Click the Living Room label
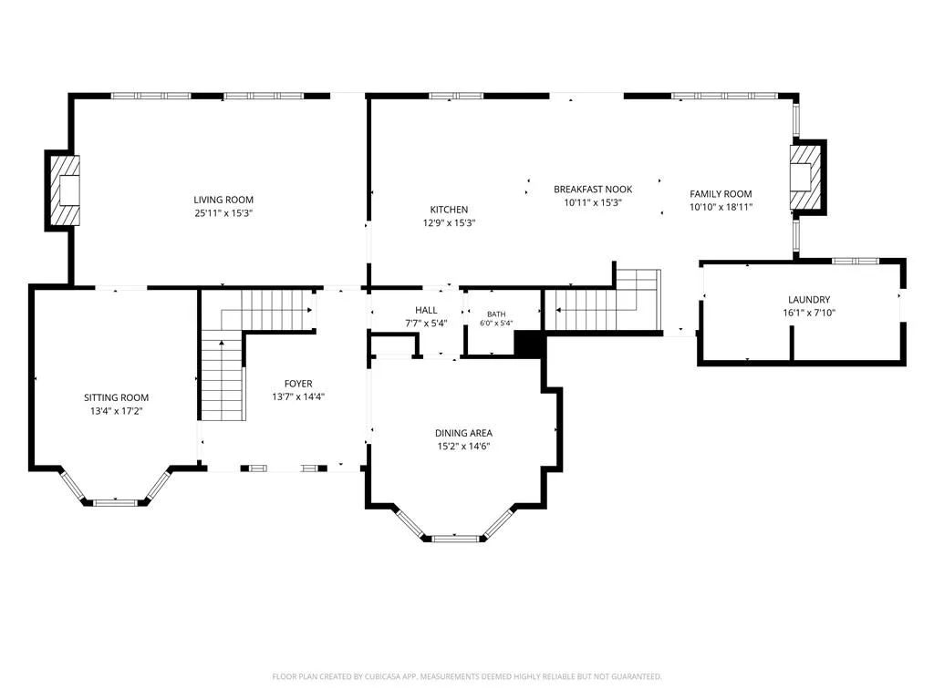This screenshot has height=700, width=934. click(223, 200)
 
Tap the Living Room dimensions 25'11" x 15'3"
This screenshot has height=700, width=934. click(223, 213)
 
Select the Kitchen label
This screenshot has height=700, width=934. click(449, 210)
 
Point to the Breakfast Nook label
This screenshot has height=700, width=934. click(593, 190)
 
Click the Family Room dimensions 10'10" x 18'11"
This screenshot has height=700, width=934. click(721, 207)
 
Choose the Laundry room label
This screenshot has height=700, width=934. click(809, 299)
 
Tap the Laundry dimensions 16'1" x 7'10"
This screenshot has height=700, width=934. click(809, 313)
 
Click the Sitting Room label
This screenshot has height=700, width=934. click(116, 397)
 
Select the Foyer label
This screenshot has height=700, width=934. click(298, 384)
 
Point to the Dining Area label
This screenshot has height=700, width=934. click(463, 433)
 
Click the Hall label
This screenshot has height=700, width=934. click(426, 310)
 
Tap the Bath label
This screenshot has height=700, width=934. click(496, 314)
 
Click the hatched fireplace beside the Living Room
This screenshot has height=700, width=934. click(64, 190)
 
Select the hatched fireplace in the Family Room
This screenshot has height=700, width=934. click(805, 178)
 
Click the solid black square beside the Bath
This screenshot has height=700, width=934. click(529, 345)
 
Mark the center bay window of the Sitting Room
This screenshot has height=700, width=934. click(116, 503)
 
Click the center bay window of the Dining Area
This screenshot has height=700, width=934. click(456, 539)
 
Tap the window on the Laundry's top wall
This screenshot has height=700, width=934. click(855, 261)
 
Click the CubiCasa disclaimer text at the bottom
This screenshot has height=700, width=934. click(467, 676)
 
